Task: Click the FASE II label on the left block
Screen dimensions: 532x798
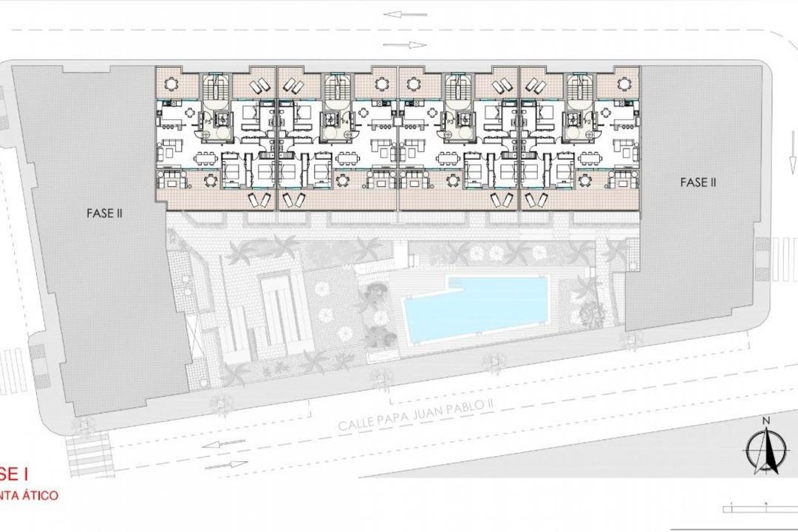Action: tap(103, 214)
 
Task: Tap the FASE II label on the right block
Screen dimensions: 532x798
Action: tap(698, 182)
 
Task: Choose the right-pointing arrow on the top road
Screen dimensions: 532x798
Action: tap(405, 45)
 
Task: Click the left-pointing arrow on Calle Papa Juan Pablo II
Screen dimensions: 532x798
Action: tap(227, 443)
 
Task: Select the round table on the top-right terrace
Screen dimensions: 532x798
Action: tap(623, 83)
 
